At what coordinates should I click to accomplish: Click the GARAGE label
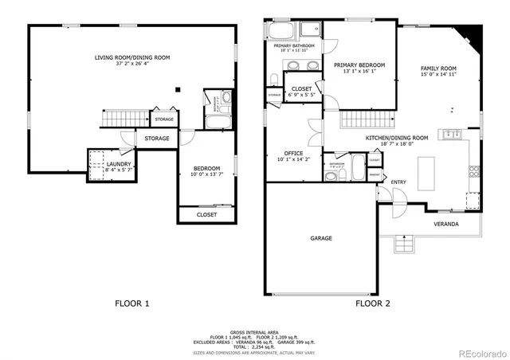pyautogui.click(x=321, y=238)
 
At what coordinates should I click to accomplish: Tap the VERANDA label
pyautogui.click(x=445, y=225)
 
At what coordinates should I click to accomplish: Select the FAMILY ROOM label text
pyautogui.click(x=438, y=68)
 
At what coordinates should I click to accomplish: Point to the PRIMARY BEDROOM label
pyautogui.click(x=359, y=65)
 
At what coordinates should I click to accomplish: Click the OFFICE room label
pyautogui.click(x=293, y=153)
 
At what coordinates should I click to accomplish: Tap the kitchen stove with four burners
pyautogui.click(x=473, y=170)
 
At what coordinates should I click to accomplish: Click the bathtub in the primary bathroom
pyautogui.click(x=281, y=33)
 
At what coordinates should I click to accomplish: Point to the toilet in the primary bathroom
pyautogui.click(x=274, y=79)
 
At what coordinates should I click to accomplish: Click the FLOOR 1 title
pyautogui.click(x=132, y=303)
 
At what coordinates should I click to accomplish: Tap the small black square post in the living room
pyautogui.click(x=178, y=89)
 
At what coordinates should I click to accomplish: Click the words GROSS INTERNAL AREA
pyautogui.click(x=254, y=331)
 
